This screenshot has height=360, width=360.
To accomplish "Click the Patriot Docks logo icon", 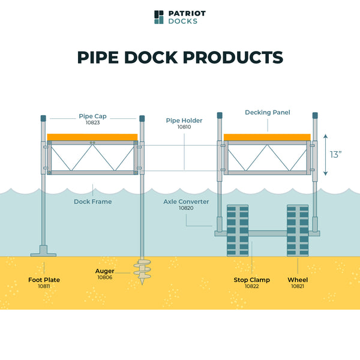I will coord(158,17).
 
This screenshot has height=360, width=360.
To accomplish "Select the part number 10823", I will coord(92,123).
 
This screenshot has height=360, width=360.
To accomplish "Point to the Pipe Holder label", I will coord(184,121).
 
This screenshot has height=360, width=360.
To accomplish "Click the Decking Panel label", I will coord(268,113).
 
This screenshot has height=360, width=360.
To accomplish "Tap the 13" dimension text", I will coord(336,154).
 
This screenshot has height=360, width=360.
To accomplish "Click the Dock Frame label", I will coord(92,202).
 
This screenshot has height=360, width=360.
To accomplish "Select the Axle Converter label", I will coord(186,202).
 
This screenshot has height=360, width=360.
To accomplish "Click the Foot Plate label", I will coord(44,280).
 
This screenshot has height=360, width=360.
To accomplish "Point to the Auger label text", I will coord(105,271).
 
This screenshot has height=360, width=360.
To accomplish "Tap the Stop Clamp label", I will coord(251,280).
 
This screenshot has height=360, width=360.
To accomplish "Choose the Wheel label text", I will coord(298,280).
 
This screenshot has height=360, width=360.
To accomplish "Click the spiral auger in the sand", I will coord(142,271).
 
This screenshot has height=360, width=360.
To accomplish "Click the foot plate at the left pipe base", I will coord(43,251).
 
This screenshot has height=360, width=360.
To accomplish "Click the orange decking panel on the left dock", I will coord(92,137).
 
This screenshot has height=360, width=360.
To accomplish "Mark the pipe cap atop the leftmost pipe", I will coord(43,118).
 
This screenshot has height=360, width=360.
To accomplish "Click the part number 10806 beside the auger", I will coord(105,277).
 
